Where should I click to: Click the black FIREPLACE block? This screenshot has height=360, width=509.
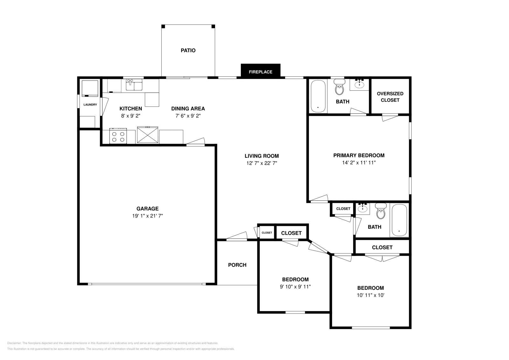click(x=261, y=71)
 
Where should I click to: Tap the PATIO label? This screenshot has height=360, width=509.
click(x=188, y=51)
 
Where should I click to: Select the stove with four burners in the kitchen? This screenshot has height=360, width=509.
click(x=118, y=136)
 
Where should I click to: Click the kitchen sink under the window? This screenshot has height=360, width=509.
click(x=134, y=85)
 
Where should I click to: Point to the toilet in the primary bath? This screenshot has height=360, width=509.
click(x=339, y=87)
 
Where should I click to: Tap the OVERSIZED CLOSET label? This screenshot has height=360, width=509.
click(x=390, y=97)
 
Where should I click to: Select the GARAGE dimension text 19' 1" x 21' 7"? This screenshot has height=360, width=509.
click(x=148, y=216)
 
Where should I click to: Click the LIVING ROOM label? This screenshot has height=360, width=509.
click(x=261, y=156)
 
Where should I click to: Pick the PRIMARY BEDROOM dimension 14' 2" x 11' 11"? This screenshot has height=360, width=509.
click(x=359, y=163)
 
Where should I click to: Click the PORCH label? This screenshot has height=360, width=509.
click(x=237, y=265)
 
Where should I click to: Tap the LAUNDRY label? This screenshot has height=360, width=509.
click(x=90, y=105)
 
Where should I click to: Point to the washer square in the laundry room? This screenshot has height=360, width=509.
click(x=90, y=88)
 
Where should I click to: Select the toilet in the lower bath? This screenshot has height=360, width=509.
click(x=381, y=211)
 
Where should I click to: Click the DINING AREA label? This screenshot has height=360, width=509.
click(x=188, y=108)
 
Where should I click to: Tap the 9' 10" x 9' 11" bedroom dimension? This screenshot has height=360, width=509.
click(x=295, y=287)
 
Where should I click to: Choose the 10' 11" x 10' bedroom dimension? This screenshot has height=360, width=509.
click(x=370, y=295)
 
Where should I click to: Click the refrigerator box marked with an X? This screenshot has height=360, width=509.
click(x=148, y=135)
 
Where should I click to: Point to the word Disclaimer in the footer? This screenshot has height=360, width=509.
click(x=14, y=343)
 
